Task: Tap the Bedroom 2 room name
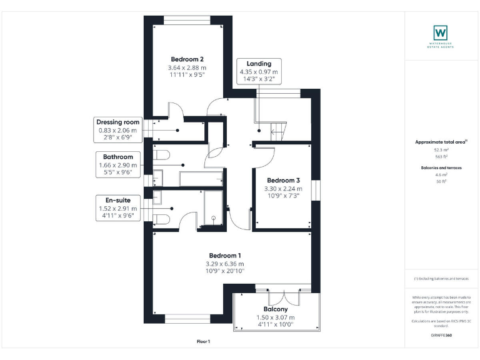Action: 186,59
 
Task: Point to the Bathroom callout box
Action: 117,165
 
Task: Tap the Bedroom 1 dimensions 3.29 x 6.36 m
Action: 224,264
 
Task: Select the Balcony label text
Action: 276,309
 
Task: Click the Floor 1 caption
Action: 204,342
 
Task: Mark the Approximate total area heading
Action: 441,142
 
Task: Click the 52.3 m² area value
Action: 441,150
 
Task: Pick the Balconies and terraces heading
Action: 441,168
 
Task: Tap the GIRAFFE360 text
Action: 441,336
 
